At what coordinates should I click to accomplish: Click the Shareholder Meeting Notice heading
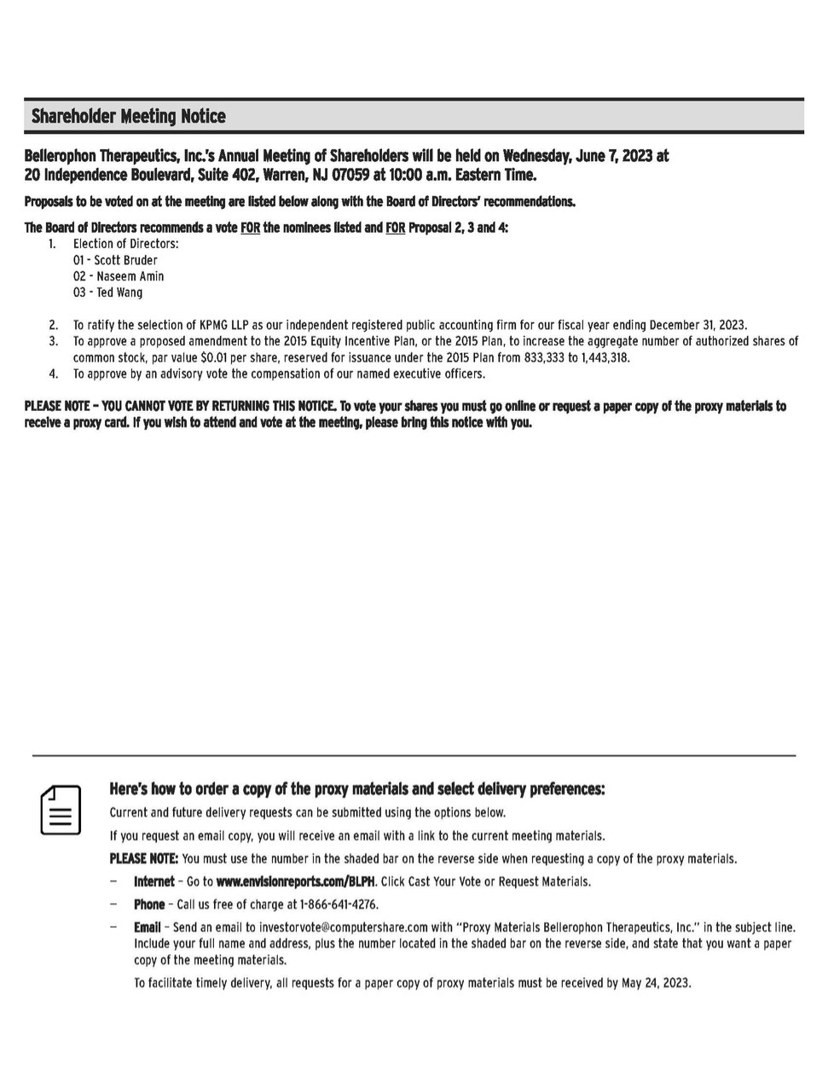129,116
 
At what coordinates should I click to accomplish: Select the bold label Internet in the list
153,882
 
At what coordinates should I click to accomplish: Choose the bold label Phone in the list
149,905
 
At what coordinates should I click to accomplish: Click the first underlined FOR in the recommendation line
250,228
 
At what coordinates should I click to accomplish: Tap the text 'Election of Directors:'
125,244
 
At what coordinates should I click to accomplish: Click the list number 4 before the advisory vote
54,373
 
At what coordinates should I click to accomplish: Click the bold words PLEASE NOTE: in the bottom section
143,859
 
